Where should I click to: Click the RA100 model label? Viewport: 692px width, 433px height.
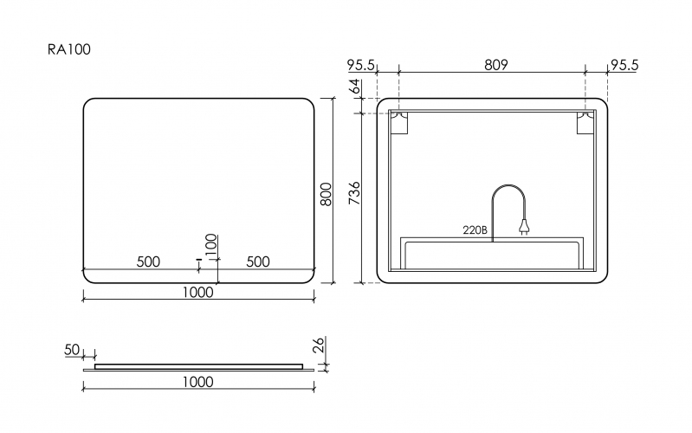[x=68, y=49]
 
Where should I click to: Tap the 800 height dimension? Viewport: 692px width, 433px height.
[x=327, y=194]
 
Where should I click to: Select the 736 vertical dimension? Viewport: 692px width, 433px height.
[x=355, y=193]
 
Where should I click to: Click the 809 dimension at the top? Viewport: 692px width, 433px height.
[x=496, y=65]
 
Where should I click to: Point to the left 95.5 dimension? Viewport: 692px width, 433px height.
[x=360, y=65]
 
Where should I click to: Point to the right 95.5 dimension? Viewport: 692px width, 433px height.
[x=624, y=65]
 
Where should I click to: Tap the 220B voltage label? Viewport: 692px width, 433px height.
[x=475, y=230]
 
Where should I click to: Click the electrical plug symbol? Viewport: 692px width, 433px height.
[x=523, y=228]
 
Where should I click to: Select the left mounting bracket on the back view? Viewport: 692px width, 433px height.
[x=399, y=123]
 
